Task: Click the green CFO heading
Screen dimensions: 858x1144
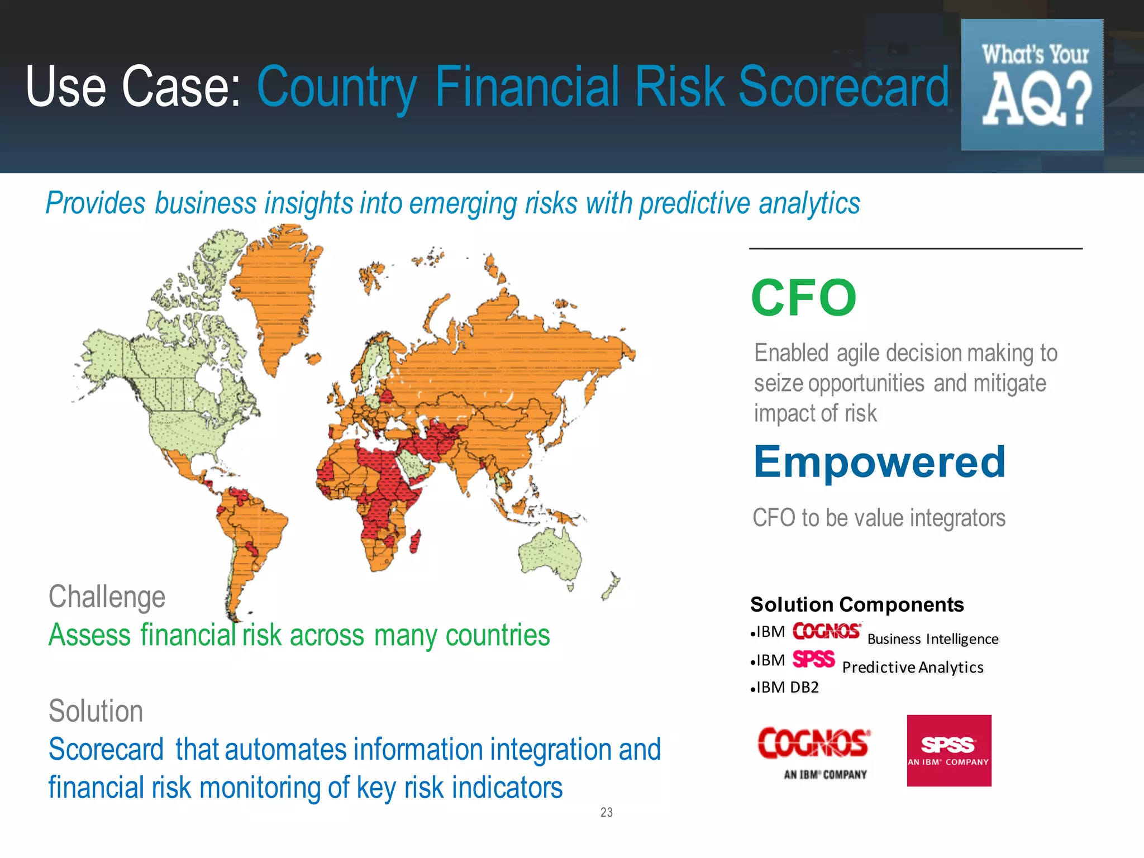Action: (803, 298)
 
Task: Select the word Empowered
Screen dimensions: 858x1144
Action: (879, 463)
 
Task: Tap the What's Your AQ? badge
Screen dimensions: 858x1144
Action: (1032, 85)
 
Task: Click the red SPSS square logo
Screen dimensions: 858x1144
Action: (948, 750)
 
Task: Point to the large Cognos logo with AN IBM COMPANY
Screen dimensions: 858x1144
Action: (813, 751)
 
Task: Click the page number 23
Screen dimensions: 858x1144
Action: (606, 812)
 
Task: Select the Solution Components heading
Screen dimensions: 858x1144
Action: (857, 604)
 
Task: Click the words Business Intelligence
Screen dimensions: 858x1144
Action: (932, 639)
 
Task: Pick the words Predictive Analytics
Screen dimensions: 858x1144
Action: (912, 668)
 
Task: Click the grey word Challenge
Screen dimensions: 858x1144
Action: (107, 597)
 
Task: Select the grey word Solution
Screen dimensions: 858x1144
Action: (96, 711)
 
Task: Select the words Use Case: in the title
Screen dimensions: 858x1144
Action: (133, 87)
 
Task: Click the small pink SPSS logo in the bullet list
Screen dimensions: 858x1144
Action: (813, 660)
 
